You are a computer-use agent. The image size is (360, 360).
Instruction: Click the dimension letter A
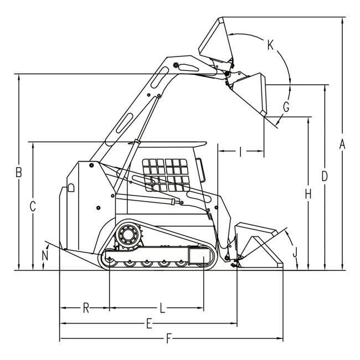(342, 145)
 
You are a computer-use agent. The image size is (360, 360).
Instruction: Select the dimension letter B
(19, 172)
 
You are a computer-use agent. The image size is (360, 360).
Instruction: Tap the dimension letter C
(33, 206)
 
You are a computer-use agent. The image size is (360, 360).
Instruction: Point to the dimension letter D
(324, 176)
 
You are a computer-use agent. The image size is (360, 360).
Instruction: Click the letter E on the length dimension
(149, 324)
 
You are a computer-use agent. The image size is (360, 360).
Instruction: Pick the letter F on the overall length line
(169, 338)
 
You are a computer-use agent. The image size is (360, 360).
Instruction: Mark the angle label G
(286, 106)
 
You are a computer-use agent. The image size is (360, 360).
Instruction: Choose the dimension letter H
(308, 194)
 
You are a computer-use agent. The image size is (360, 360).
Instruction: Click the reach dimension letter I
(240, 152)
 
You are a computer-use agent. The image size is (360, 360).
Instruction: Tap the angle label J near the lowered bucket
(295, 252)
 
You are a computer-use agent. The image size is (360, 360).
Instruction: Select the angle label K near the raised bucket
(270, 44)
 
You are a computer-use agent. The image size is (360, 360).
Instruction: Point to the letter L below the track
(162, 308)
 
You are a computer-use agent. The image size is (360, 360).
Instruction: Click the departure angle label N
(45, 255)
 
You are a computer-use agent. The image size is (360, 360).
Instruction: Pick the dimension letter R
(86, 308)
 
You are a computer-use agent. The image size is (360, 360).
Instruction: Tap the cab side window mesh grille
(166, 175)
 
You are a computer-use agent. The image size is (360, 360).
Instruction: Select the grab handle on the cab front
(200, 169)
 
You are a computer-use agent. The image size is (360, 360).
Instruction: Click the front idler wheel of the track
(204, 257)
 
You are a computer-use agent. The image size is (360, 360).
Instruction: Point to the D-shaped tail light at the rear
(71, 187)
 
